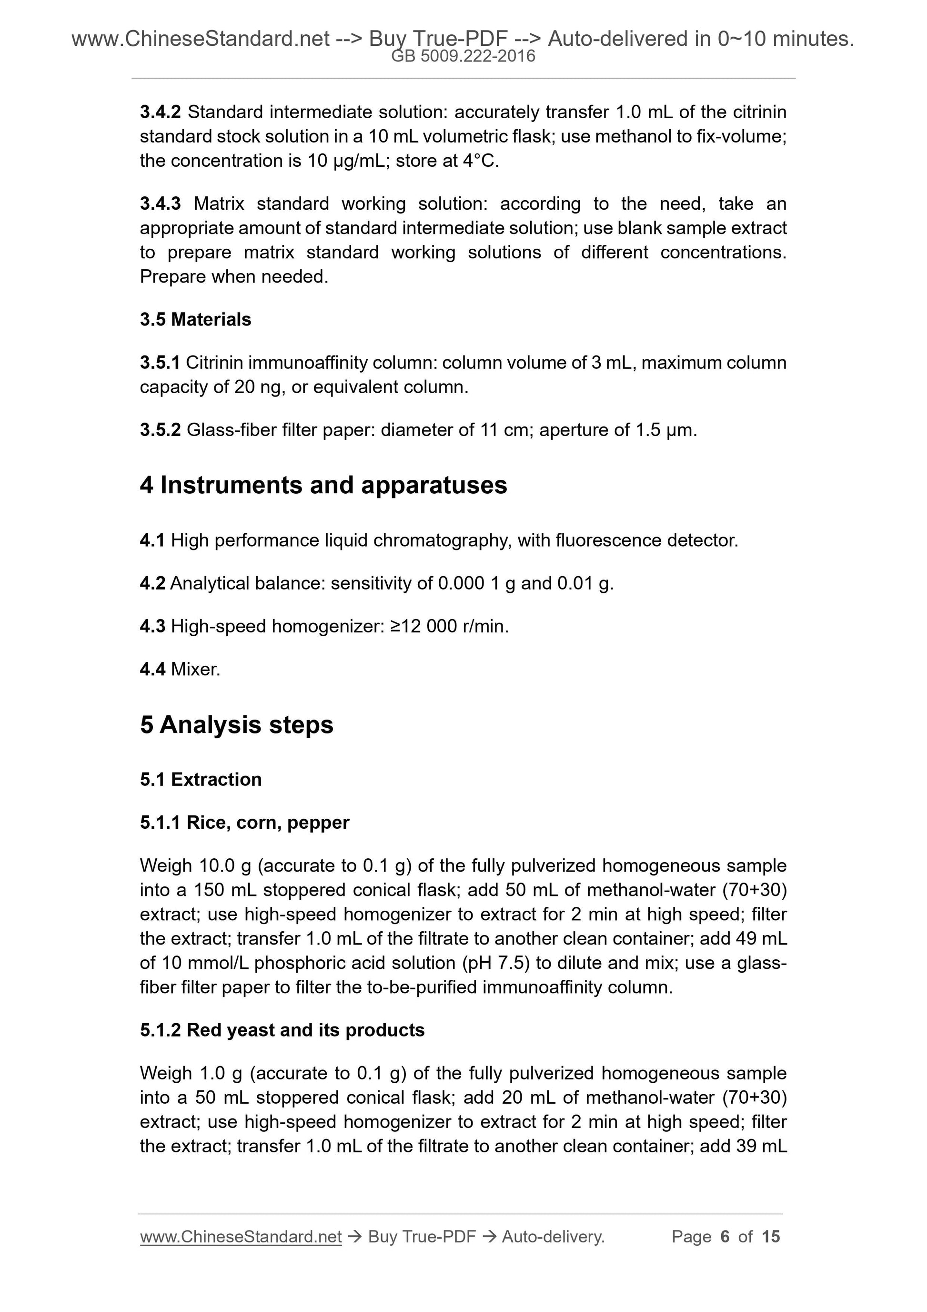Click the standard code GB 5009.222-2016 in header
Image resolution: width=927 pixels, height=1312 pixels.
pos(463,56)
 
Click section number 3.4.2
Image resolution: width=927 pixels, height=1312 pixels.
pos(160,112)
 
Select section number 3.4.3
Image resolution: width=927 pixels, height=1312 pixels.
pos(160,203)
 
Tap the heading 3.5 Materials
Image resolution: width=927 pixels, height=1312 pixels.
pos(195,319)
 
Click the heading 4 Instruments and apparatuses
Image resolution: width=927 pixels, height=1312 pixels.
pos(323,485)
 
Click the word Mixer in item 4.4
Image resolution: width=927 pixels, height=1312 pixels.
pos(195,669)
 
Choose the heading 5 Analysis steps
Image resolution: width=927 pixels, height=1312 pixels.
pos(236,724)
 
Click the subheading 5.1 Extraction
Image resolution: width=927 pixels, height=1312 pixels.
pos(201,779)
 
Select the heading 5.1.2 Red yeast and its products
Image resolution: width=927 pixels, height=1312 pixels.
pos(282,1030)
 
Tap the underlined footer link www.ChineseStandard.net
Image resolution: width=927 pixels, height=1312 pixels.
pos(241,1237)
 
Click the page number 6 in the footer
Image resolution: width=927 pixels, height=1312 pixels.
pos(725,1237)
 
